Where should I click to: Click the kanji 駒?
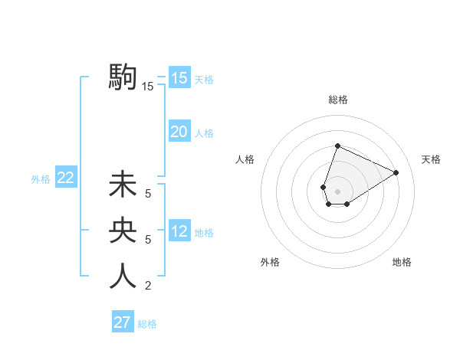tap(123, 77)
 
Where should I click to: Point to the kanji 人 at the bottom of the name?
tap(123, 276)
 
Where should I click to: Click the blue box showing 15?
tap(179, 77)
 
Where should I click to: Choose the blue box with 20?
tap(179, 132)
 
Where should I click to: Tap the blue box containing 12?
tap(179, 231)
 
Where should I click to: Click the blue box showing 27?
tap(123, 322)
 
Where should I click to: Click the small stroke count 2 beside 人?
tap(148, 286)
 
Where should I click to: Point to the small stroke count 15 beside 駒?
tap(148, 87)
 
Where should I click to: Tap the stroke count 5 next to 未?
tap(148, 194)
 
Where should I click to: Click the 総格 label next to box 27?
tap(147, 324)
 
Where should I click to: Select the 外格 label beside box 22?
tap(41, 179)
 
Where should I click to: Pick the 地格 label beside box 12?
tap(204, 233)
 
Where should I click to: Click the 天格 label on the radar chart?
tap(431, 159)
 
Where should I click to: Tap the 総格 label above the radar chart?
tap(338, 100)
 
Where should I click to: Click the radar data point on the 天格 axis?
tap(396, 172)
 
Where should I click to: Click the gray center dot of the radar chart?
tap(337, 191)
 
